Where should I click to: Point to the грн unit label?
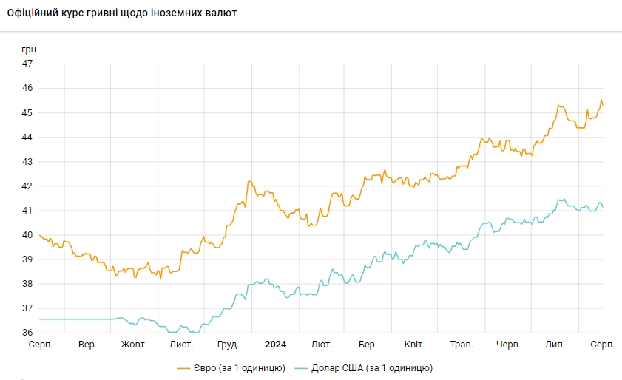[29, 49]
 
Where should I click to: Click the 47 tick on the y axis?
[28, 64]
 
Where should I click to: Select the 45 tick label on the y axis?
[28, 112]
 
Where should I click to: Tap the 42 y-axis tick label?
[28, 186]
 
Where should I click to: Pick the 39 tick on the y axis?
[28, 259]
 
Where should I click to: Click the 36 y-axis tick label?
[28, 332]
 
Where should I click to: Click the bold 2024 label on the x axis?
[275, 345]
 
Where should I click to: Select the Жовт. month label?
[134, 345]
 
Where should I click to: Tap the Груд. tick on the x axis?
[229, 345]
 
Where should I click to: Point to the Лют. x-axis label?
[322, 345]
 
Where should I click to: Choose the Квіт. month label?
[414, 345]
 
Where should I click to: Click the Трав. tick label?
[462, 345]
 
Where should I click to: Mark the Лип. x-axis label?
[555, 345]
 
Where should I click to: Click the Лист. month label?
[181, 345]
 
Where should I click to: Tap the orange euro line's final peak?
[601, 100]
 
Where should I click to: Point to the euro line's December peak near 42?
[250, 181]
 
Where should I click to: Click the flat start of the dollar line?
[74, 319]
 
